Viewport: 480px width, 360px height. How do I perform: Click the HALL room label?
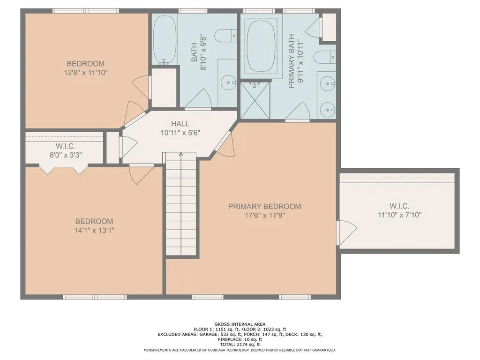pos(180,124)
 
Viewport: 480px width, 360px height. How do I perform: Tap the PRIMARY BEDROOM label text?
pos(264,206)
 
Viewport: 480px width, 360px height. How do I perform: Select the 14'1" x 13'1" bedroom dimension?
pos(94,230)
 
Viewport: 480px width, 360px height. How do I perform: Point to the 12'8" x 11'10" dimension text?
pos(86,73)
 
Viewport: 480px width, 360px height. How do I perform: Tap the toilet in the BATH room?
pos(225,36)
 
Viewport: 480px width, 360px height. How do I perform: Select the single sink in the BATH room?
pos(228,82)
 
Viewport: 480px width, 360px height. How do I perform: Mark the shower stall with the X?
pos(255,99)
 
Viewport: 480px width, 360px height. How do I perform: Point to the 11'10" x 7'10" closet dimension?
pos(399,215)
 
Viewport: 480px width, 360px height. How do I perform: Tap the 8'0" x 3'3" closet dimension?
pos(66,155)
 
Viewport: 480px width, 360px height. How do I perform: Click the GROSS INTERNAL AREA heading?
pos(240,324)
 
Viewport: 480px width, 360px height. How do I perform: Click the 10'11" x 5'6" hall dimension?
pos(180,133)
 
